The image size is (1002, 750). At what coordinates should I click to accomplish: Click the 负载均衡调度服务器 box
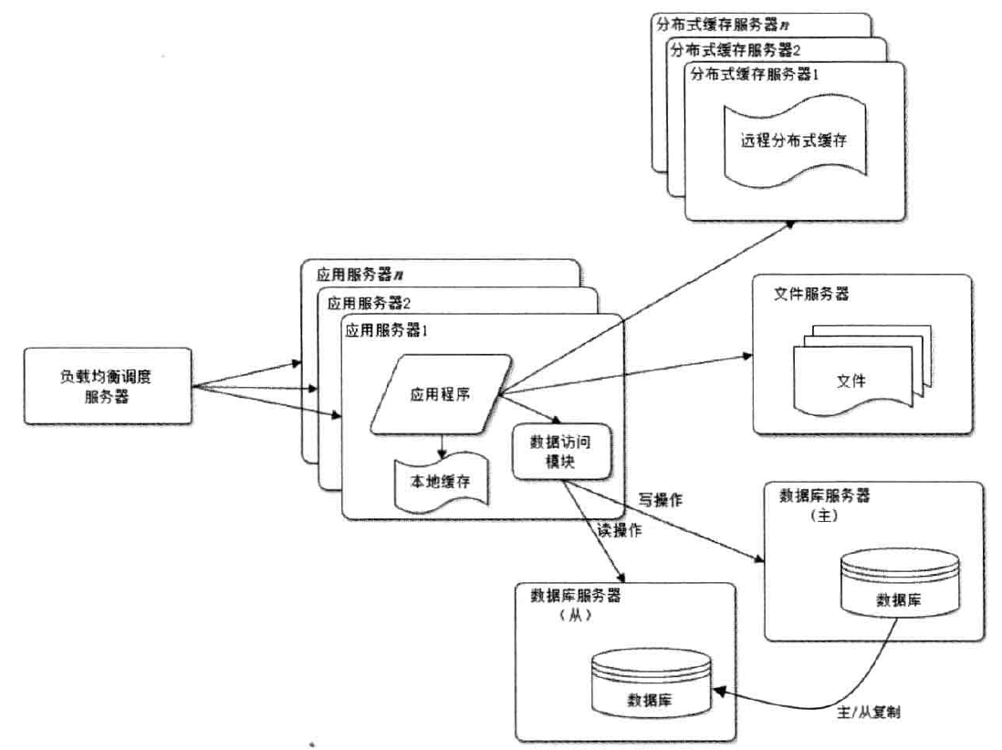[108, 386]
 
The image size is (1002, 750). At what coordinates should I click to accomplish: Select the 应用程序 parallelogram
[441, 394]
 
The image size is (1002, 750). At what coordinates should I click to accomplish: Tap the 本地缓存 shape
[441, 482]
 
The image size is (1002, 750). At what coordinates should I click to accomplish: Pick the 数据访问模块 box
[562, 451]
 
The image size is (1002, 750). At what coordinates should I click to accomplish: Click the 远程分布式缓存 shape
[794, 141]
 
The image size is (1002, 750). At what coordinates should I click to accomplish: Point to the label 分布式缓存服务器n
[722, 25]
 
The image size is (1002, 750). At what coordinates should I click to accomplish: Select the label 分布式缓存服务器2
[736, 50]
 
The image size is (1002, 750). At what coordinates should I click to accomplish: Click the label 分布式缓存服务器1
[755, 74]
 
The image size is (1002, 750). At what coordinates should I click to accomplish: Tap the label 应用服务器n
[360, 275]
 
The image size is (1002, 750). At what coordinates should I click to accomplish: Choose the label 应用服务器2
[369, 303]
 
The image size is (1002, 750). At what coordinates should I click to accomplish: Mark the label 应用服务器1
[387, 330]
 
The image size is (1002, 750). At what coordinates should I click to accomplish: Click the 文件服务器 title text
[811, 294]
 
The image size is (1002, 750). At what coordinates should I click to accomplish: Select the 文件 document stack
[862, 370]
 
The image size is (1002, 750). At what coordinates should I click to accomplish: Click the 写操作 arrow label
[660, 500]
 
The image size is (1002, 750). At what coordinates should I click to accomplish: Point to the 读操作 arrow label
[620, 529]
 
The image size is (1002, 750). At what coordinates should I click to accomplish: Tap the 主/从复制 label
[869, 712]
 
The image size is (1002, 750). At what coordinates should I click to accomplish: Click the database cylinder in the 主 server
[900, 583]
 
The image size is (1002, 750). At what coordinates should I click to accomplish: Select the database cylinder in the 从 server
[652, 682]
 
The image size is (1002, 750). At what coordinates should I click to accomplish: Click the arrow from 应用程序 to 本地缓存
[442, 446]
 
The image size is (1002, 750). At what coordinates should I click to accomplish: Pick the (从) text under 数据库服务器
[575, 616]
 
